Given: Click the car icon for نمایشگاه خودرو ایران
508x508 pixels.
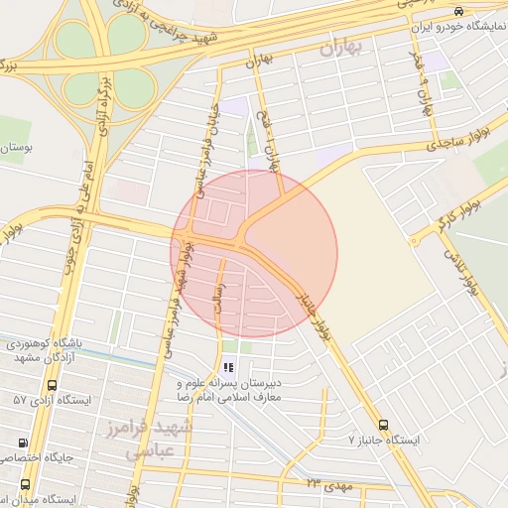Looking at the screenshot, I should (x=457, y=11).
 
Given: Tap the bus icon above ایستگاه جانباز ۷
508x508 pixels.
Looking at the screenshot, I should (x=383, y=425).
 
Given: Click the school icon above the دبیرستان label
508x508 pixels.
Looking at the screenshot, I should (x=228, y=367).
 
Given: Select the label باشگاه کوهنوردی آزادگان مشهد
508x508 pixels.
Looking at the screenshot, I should (x=50, y=349).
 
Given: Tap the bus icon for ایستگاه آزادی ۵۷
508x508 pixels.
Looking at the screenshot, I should (x=52, y=385).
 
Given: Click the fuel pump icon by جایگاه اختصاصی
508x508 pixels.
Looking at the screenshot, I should (x=23, y=443).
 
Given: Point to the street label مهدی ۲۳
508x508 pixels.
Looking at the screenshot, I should (x=329, y=483).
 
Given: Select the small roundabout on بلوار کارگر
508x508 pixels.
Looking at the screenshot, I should (x=414, y=241).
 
